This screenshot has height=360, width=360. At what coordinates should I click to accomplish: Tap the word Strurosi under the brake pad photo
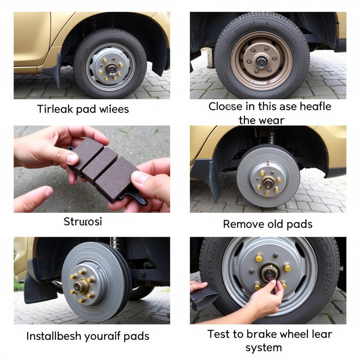pyautogui.click(x=83, y=221)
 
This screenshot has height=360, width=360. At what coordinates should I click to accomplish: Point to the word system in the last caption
pyautogui.click(x=264, y=348)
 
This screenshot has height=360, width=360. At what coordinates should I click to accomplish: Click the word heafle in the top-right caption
pyautogui.click(x=315, y=107)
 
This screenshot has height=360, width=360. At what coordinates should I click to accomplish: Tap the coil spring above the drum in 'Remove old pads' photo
pyautogui.click(x=271, y=135)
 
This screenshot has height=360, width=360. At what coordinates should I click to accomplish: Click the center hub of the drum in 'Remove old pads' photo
pyautogui.click(x=268, y=182)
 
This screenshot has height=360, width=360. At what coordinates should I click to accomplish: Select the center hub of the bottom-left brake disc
pyautogui.click(x=81, y=286)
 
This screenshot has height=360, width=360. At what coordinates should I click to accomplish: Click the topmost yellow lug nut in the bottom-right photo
pyautogui.click(x=259, y=258)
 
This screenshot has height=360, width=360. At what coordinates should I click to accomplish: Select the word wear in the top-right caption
pyautogui.click(x=272, y=120)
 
